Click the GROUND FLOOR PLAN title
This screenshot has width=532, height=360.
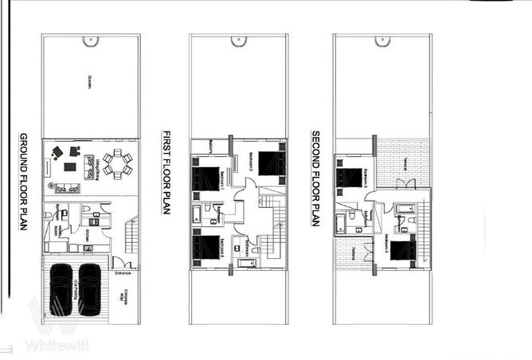coord(22,182)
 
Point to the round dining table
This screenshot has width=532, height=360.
coord(119,165)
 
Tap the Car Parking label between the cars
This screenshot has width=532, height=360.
coord(76,287)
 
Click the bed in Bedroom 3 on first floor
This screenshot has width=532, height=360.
coord(270,162)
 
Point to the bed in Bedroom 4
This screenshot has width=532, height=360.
coord(400,251)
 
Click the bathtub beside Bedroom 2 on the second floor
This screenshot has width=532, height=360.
coord(347,218)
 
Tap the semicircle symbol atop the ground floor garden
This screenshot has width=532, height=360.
coord(92,39)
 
